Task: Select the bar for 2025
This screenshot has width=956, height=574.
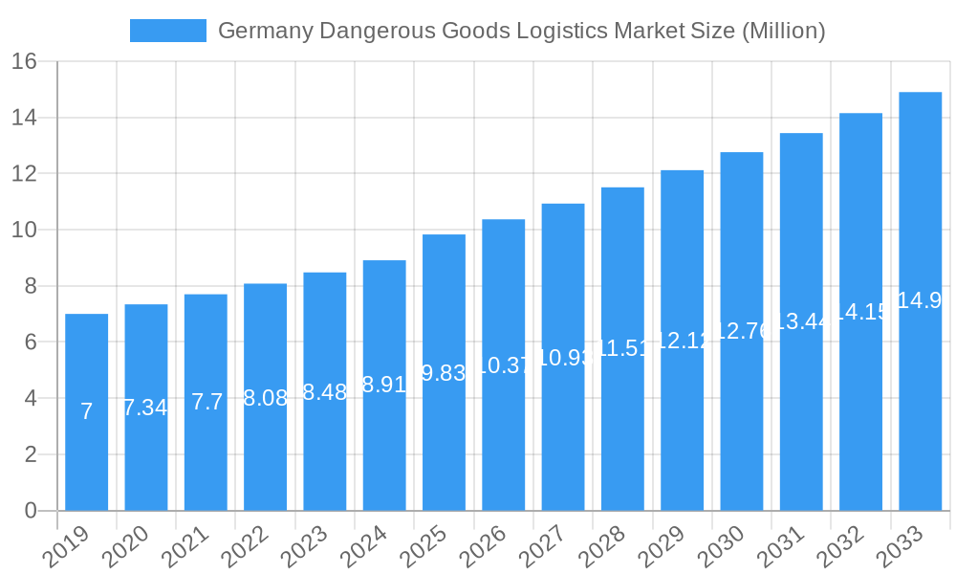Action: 444,440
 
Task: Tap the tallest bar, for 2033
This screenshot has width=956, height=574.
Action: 920,402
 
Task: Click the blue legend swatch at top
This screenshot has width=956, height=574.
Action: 168,31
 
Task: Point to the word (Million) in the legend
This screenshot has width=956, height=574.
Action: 783,31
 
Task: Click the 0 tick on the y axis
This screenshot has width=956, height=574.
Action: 31,511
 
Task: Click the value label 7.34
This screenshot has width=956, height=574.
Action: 145,408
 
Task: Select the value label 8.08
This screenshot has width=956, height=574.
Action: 265,399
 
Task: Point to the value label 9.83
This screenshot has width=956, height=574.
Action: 444,374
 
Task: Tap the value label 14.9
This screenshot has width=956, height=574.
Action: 920,300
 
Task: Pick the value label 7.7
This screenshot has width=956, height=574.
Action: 206,402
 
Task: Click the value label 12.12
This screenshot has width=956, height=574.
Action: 682,341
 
